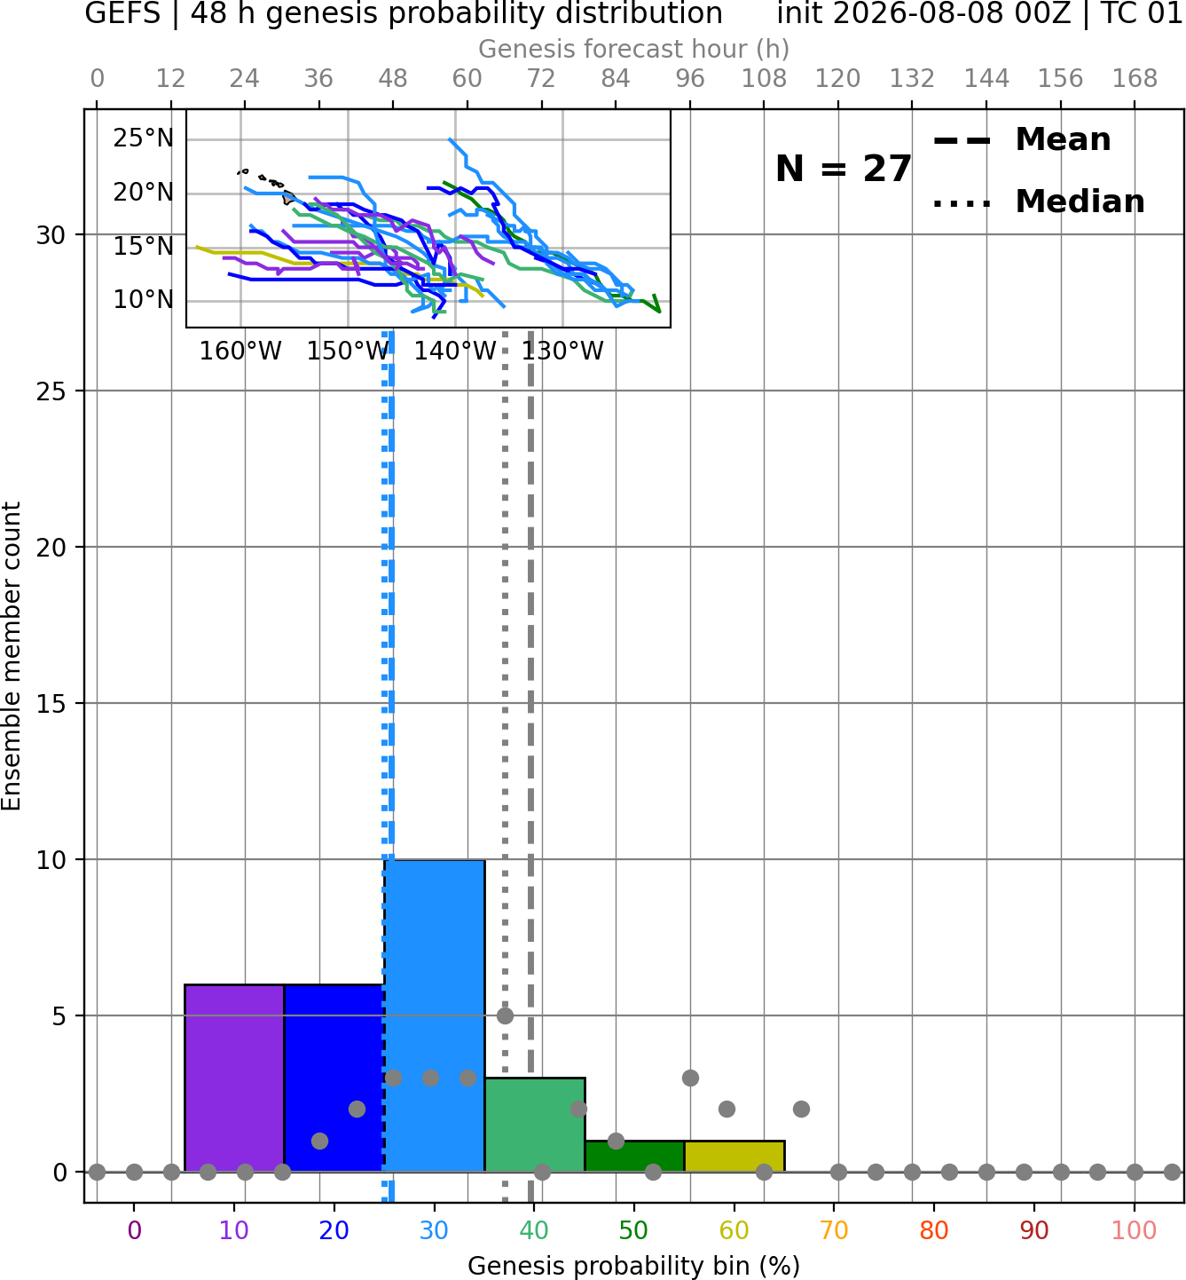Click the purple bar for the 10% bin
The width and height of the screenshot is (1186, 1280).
[x=234, y=1078]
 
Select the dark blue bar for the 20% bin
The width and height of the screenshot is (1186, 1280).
[x=334, y=1078]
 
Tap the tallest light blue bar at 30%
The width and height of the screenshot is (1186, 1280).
[x=435, y=1015]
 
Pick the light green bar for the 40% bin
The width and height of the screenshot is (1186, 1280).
[x=535, y=1125]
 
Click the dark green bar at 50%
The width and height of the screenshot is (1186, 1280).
[x=634, y=1157]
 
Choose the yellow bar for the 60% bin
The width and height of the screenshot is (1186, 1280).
[x=734, y=1157]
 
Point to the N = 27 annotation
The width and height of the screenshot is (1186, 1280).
[x=844, y=169]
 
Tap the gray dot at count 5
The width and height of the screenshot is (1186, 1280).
[x=505, y=1015]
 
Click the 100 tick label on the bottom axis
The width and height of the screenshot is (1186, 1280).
[x=1134, y=1231]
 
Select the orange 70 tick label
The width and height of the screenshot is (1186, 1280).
[x=834, y=1231]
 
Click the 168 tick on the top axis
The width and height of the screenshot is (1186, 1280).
[x=1135, y=79]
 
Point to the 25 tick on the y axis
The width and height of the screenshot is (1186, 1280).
[x=51, y=391]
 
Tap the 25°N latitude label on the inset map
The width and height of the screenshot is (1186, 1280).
[x=143, y=138]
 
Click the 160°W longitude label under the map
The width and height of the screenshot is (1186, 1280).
[x=240, y=352]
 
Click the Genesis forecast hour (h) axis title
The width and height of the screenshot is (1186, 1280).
[x=634, y=49]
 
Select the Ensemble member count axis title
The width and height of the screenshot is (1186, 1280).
[x=11, y=656]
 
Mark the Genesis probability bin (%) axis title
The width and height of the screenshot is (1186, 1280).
[x=634, y=1266]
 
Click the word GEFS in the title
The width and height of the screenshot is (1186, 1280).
[x=122, y=13]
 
